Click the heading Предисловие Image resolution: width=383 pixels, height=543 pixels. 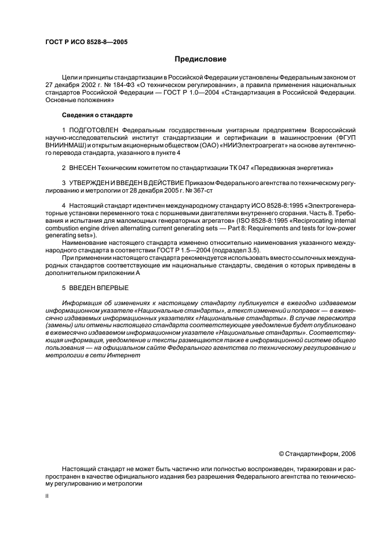[201, 59]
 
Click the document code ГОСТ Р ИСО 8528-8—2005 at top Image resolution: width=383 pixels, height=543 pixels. [86, 42]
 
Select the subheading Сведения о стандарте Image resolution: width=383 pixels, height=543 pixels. [97, 115]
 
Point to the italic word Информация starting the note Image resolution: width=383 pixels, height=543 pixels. [82, 303]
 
